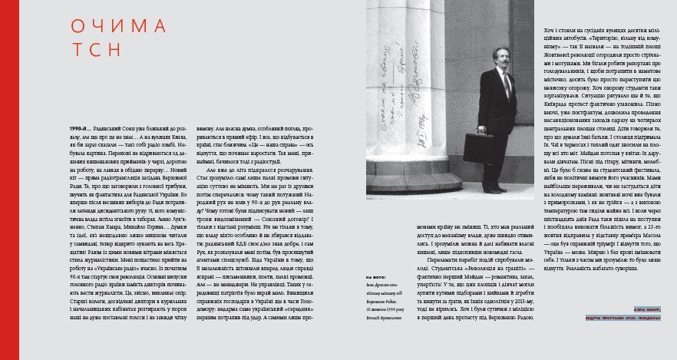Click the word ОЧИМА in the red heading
click(x=118, y=26)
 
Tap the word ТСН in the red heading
click(x=96, y=50)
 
